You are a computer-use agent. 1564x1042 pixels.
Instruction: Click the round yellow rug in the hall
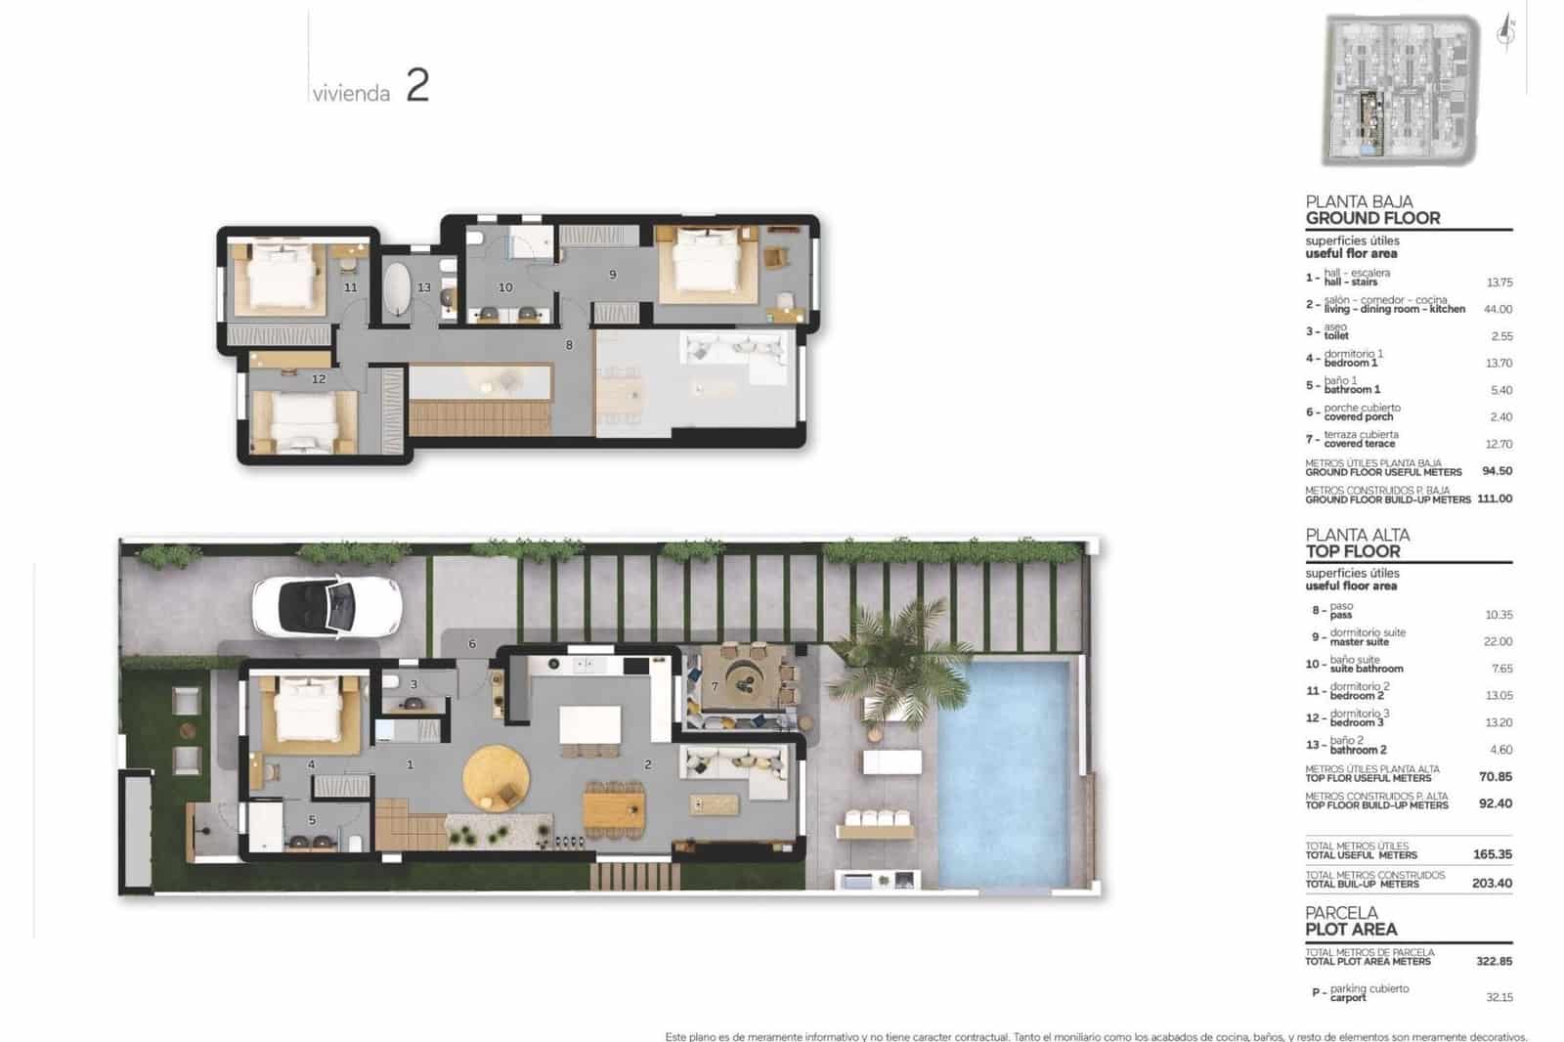click(496, 778)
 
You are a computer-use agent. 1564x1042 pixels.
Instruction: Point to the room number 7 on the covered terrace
click(715, 686)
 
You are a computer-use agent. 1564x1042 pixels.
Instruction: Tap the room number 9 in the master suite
click(613, 275)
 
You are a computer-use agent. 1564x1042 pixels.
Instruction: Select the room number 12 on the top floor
click(319, 378)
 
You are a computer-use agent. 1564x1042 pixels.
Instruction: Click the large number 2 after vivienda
click(417, 86)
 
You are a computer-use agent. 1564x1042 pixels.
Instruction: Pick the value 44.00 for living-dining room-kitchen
click(1498, 309)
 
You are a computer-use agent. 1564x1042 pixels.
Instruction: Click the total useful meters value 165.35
click(1492, 854)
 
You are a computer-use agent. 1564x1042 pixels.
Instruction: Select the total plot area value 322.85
click(1494, 961)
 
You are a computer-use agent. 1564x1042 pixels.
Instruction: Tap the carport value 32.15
click(1499, 997)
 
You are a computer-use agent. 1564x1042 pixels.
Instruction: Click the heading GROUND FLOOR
click(1372, 218)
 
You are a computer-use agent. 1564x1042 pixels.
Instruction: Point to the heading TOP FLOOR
click(1353, 551)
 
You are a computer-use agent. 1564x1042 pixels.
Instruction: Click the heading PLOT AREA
click(1351, 930)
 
